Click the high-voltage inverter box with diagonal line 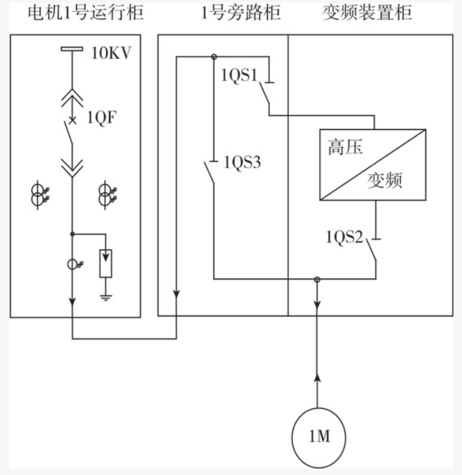(x=372, y=164)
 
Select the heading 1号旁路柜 (x=222, y=13)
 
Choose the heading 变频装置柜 (x=370, y=13)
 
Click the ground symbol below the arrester (x=106, y=294)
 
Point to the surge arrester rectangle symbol (x=106, y=263)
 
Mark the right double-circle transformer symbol (x=106, y=196)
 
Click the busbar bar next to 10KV (x=72, y=50)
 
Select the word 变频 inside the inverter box (x=385, y=180)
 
